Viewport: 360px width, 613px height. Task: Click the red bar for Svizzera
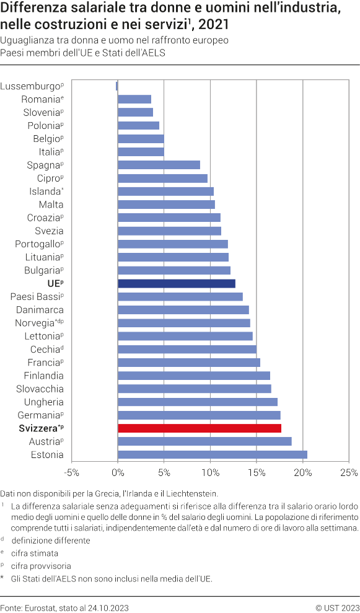[200, 428]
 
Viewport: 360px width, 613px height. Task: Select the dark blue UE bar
[177, 283]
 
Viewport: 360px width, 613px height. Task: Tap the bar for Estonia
[213, 454]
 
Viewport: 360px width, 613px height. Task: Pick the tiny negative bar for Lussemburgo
[116, 86]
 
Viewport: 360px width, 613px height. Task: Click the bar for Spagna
[159, 165]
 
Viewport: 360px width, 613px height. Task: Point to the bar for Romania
[134, 99]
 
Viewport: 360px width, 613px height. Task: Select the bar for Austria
[204, 441]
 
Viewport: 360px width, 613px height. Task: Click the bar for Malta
[166, 205]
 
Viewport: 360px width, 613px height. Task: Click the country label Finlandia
[43, 376]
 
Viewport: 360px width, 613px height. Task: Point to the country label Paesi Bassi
[35, 296]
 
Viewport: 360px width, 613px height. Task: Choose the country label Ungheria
[43, 402]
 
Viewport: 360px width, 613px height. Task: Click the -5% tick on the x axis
[71, 473]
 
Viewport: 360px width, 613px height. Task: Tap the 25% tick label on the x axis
[349, 473]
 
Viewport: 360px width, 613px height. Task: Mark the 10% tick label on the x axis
[210, 473]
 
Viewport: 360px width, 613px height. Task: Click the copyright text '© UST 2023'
[337, 607]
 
